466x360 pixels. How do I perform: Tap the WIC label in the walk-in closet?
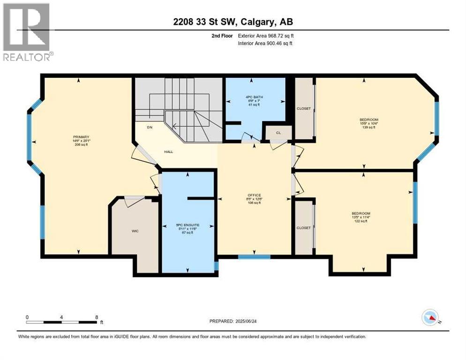click(x=135, y=231)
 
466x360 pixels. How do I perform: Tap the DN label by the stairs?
click(x=150, y=127)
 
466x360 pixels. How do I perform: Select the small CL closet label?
click(x=278, y=133)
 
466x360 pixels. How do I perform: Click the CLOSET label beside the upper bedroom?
click(x=303, y=108)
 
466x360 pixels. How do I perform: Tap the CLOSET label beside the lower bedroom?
click(x=303, y=228)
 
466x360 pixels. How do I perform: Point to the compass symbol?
click(x=430, y=318)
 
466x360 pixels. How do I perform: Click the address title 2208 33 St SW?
click(x=233, y=22)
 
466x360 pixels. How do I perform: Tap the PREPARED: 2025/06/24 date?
click(x=233, y=321)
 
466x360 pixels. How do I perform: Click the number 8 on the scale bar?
click(x=97, y=317)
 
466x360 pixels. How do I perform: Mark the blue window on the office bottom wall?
click(x=254, y=256)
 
